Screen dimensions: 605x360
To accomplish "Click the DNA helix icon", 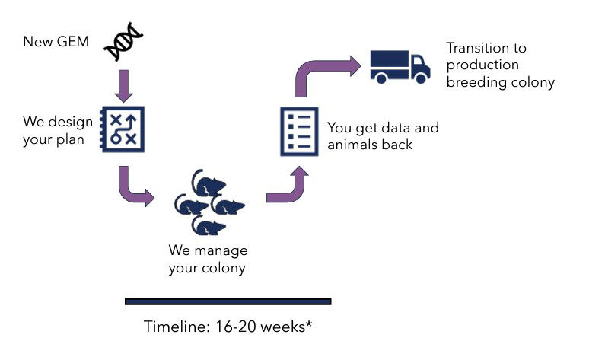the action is click(123, 42).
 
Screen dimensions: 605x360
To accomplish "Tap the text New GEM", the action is click(56, 42).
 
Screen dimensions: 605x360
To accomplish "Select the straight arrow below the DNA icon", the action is click(123, 86).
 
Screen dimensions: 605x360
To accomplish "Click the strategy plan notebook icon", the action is click(123, 129).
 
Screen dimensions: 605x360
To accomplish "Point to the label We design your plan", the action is click(58, 130).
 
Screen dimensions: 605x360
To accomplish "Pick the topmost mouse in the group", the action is click(209, 183).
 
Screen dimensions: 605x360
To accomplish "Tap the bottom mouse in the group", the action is click(209, 225).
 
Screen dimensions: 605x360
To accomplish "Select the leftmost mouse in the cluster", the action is click(191, 205).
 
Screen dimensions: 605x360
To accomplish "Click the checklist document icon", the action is click(299, 132).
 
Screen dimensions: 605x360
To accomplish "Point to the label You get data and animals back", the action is click(383, 135).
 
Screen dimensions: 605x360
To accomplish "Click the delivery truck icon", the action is click(400, 67).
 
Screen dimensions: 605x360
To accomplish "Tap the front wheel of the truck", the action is click(421, 78).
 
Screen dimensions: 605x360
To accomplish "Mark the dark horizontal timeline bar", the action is click(228, 301).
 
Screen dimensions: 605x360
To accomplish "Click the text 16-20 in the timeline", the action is click(235, 327).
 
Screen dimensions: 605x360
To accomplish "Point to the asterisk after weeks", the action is click(309, 323).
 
